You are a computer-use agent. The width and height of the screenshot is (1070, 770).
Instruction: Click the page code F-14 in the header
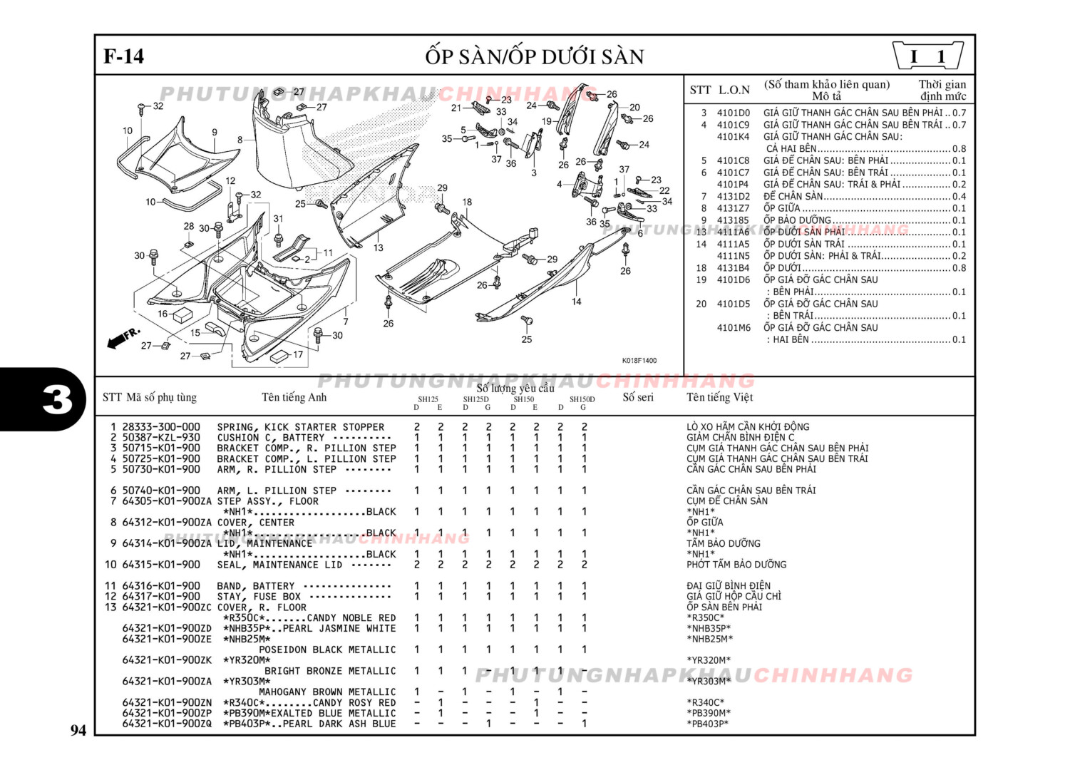[123, 57]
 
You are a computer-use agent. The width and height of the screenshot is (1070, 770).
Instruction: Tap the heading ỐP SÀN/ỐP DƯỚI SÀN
[535, 57]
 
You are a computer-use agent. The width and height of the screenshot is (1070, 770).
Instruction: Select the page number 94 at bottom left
[78, 730]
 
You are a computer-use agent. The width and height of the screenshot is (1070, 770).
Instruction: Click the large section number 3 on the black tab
[57, 400]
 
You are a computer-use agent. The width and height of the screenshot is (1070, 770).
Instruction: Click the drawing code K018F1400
[639, 361]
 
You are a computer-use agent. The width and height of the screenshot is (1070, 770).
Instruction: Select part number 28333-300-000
[161, 427]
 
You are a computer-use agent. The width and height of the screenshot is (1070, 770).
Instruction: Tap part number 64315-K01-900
[161, 565]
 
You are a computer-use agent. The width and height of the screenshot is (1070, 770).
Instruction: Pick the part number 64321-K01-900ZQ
[167, 724]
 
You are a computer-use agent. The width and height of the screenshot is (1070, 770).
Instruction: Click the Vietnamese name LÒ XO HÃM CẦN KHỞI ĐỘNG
[748, 427]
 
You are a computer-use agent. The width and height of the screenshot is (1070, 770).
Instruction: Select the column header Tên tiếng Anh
[294, 397]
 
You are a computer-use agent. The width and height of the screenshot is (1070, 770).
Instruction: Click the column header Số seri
[637, 397]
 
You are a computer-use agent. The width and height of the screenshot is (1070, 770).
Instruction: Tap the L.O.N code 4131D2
[733, 196]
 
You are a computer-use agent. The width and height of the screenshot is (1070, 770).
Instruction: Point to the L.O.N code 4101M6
[733, 328]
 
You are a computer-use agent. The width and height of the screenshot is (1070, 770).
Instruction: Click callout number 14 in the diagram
[576, 302]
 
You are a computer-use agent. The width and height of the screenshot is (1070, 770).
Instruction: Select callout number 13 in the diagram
[378, 248]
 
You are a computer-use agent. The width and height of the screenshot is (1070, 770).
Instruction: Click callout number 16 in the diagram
[163, 314]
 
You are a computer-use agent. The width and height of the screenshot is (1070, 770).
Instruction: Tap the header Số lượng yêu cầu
[515, 388]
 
